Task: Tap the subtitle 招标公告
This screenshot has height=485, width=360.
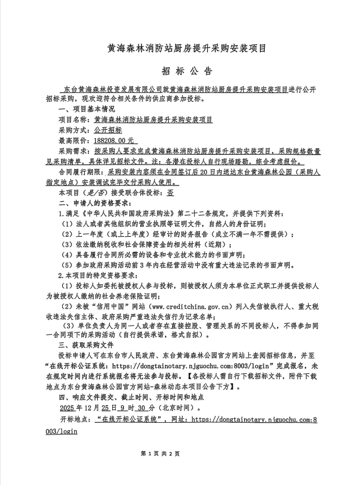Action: (180, 70)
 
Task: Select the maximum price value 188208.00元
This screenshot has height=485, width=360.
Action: (112, 140)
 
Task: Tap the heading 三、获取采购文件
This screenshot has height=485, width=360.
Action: (85, 343)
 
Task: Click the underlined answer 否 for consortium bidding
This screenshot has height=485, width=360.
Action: (170, 192)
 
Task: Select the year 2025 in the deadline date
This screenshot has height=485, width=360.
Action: (68, 408)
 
